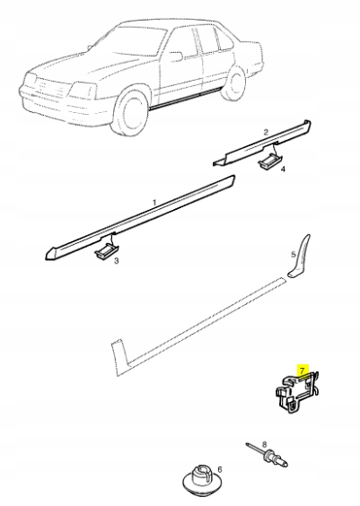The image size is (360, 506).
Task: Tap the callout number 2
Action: [266, 132]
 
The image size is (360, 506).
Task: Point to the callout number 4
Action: [283, 169]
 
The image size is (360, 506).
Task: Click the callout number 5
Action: [292, 255]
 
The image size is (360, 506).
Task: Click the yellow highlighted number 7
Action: [302, 370]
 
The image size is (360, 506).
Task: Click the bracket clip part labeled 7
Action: [294, 392]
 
